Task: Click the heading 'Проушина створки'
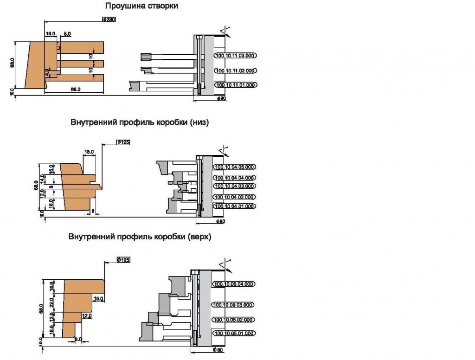point(141,6)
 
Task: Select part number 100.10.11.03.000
point(235,55)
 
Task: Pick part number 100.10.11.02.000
point(235,71)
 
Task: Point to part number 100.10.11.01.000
point(235,85)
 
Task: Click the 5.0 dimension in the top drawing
point(67,34)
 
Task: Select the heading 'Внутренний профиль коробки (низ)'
point(140,123)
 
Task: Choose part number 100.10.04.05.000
point(235,167)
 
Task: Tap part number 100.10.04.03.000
point(235,186)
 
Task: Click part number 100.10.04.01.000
point(235,206)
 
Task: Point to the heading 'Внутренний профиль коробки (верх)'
point(140,237)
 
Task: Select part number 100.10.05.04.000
point(235,284)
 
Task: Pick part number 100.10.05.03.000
point(235,305)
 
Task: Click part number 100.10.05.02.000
point(235,320)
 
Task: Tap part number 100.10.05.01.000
point(235,333)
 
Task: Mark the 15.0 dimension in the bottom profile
point(98,299)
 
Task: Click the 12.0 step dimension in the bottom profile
point(87,315)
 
